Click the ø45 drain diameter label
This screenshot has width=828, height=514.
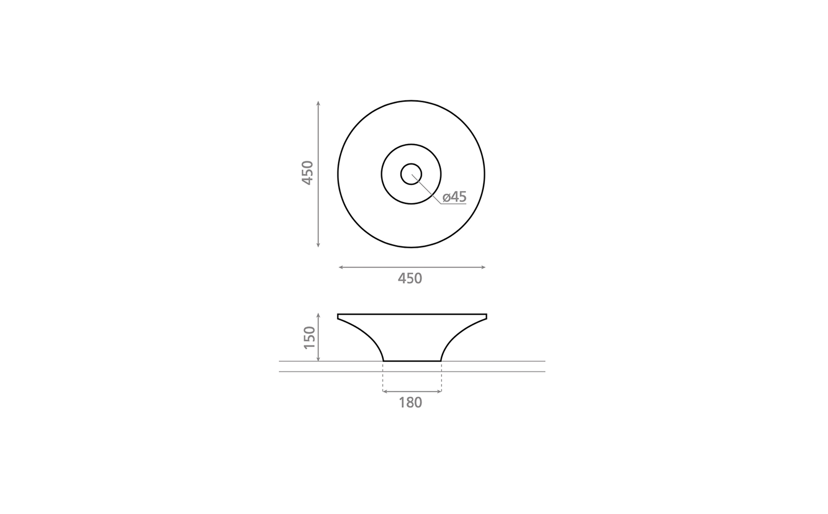click(454, 197)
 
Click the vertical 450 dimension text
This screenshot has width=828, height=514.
click(308, 173)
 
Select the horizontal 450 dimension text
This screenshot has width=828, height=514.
click(410, 279)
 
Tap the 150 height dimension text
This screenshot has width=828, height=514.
click(309, 338)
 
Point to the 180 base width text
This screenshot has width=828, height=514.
click(411, 403)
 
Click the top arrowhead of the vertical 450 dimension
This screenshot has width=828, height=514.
click(318, 103)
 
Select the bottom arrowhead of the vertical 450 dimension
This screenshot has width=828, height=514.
click(318, 245)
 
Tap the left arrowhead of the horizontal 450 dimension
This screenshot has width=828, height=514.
click(341, 267)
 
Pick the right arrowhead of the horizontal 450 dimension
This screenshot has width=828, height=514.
click(483, 267)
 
